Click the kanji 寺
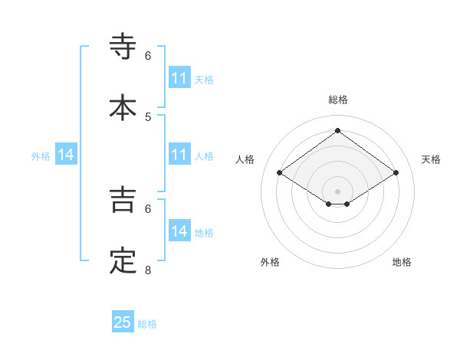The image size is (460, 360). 123,46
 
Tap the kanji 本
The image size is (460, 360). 123,106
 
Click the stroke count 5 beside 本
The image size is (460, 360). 148,116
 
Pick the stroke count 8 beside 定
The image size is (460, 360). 148,270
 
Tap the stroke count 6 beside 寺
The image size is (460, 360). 148,55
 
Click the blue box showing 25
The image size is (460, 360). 123,322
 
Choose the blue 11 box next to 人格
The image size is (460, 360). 179,154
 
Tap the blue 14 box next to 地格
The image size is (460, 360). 179,231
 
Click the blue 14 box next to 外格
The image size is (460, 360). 66,155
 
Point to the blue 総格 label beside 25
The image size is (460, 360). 147,324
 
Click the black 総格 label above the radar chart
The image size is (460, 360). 337,100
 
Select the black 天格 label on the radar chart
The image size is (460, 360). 431,159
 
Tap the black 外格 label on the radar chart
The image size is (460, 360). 270,262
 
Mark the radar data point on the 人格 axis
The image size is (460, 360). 280,173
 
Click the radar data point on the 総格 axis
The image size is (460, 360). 337,131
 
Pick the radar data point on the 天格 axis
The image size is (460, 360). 396,173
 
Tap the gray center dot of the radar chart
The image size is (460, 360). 337,191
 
